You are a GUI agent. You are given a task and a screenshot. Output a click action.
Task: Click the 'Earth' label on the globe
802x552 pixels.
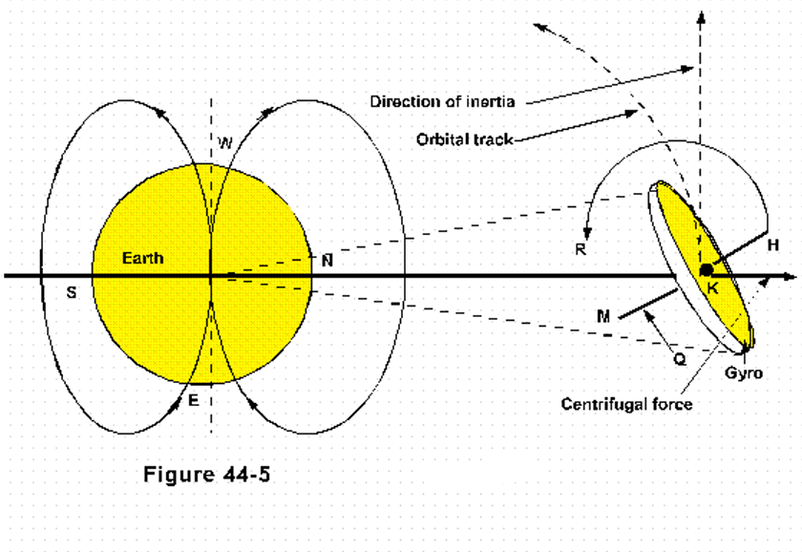pyautogui.click(x=142, y=258)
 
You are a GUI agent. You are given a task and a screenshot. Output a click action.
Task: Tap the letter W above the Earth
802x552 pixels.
pyautogui.click(x=224, y=144)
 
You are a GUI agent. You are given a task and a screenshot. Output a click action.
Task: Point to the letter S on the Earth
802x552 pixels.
pyautogui.click(x=71, y=292)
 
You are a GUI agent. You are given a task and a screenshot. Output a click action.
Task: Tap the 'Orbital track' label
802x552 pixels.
pyautogui.click(x=465, y=138)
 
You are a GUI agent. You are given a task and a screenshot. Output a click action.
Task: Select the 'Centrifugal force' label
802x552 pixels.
pyautogui.click(x=625, y=403)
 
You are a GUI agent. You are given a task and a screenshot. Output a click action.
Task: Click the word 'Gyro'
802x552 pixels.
pyautogui.click(x=745, y=372)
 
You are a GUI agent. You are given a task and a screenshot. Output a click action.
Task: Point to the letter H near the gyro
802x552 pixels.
pyautogui.click(x=773, y=245)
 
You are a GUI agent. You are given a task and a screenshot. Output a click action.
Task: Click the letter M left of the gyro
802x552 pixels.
pyautogui.click(x=602, y=316)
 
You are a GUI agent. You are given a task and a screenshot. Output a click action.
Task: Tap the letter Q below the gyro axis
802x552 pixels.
pyautogui.click(x=679, y=360)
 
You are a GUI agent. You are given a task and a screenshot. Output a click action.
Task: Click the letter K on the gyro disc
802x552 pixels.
pyautogui.click(x=711, y=287)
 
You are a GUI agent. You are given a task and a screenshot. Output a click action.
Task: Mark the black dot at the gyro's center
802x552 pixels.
pyautogui.click(x=707, y=270)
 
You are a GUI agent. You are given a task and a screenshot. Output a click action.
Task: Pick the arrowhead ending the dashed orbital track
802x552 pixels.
pyautogui.click(x=540, y=28)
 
